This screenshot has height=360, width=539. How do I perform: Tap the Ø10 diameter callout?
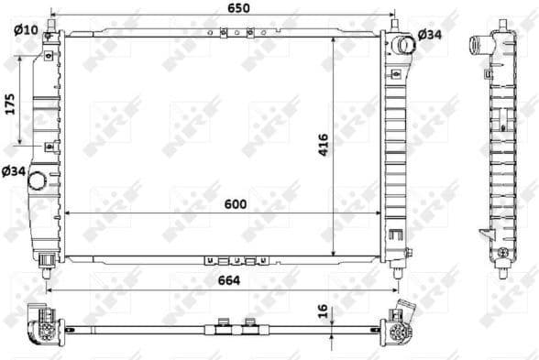[26, 29]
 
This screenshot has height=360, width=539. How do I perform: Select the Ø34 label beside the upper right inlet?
[430, 34]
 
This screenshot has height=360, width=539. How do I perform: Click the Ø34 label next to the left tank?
[13, 170]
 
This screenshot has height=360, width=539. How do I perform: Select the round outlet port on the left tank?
[38, 180]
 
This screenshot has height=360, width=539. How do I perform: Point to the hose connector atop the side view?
[478, 44]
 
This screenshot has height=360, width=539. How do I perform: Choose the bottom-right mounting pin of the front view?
[396, 267]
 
